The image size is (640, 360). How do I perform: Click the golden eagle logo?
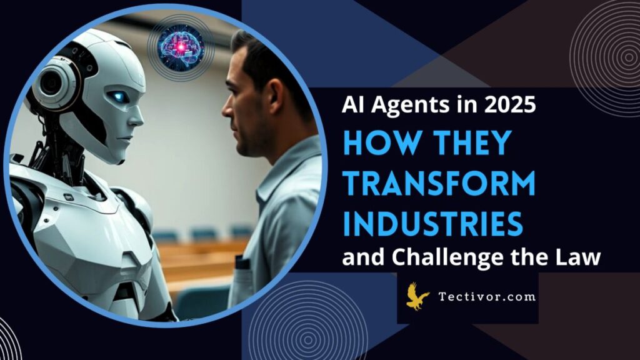pos(417,296)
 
